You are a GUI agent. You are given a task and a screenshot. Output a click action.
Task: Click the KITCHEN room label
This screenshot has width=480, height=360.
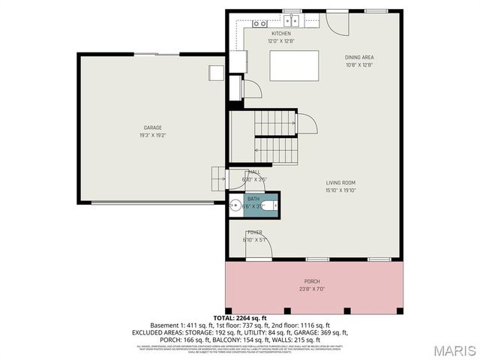click(x=280, y=34)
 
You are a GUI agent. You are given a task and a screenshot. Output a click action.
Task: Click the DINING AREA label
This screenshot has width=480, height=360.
click(x=359, y=57)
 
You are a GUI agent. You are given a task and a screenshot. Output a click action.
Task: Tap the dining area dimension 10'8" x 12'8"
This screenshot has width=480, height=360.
click(x=359, y=64)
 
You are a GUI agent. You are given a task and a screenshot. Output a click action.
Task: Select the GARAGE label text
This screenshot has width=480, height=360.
click(x=153, y=127)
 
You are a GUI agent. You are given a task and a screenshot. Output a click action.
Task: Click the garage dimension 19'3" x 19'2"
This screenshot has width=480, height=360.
click(x=153, y=135)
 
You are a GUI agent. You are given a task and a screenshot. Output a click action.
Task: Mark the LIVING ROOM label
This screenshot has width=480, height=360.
click(x=340, y=182)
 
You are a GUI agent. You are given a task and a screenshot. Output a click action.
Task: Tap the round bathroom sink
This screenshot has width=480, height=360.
click(x=235, y=205)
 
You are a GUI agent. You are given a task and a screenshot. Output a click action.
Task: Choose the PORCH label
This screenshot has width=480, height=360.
click(x=312, y=280)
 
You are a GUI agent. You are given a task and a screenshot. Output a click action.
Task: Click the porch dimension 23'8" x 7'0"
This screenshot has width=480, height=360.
click(x=312, y=288)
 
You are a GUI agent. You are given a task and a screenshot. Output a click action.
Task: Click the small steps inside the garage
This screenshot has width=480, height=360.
click(x=219, y=178)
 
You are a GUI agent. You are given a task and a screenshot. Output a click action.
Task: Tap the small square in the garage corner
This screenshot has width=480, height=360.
click(x=216, y=72)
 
